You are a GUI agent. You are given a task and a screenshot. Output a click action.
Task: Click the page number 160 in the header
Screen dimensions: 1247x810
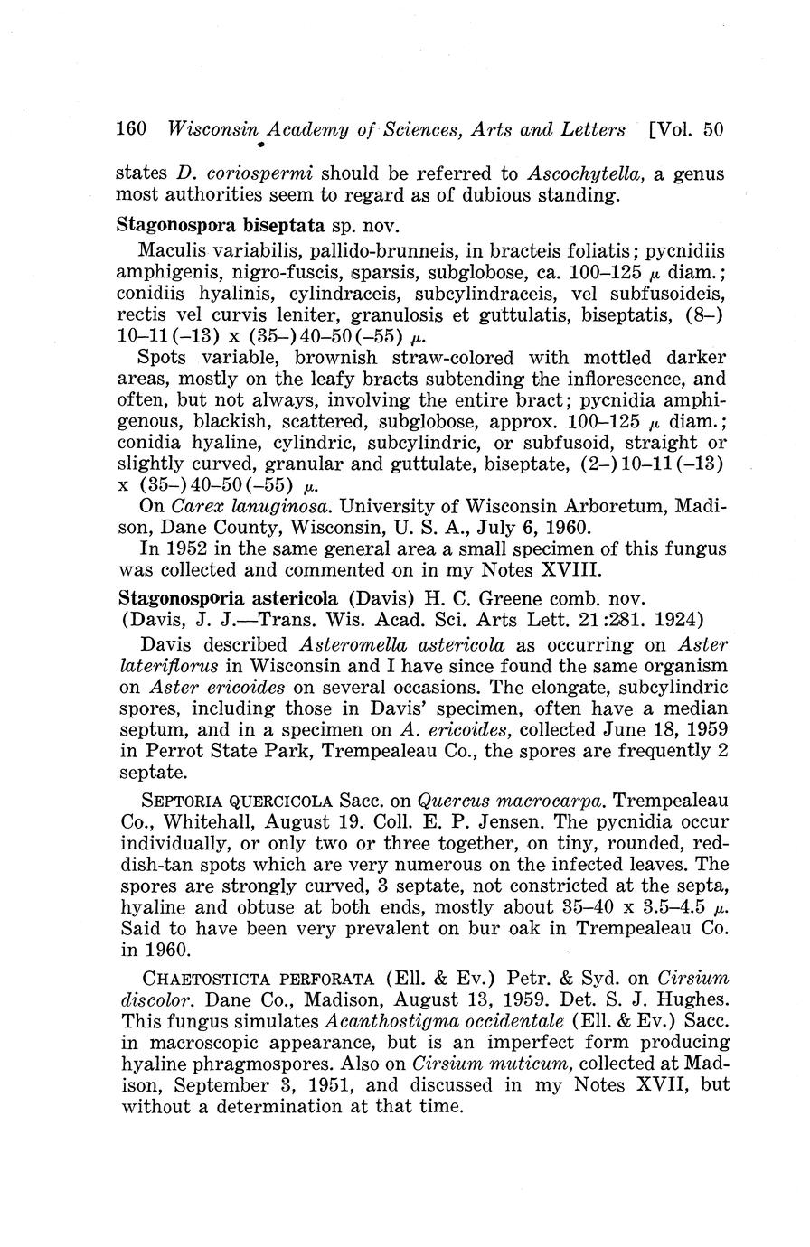point(133,129)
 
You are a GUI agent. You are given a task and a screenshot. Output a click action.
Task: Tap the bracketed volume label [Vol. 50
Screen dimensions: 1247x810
point(687,129)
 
